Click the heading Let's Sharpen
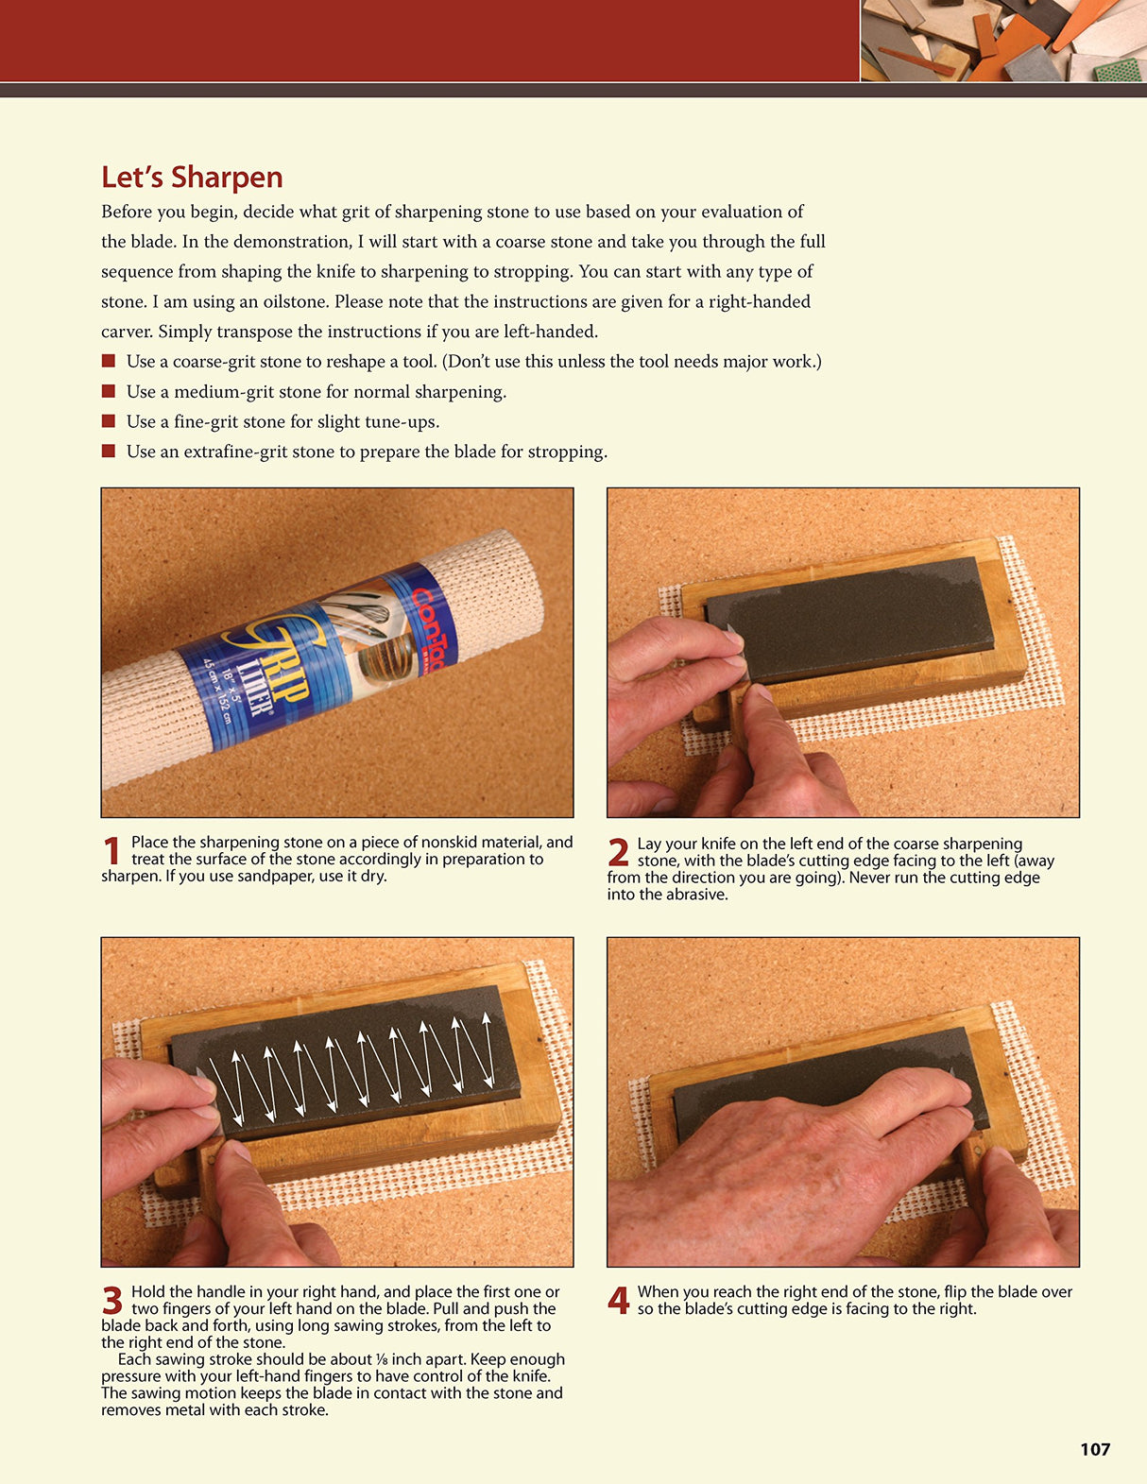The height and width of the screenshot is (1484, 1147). pos(192,178)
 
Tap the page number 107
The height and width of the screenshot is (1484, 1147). pos(1095,1449)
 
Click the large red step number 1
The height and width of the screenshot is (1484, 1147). pos(111,851)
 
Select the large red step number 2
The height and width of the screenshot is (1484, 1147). pos(618,853)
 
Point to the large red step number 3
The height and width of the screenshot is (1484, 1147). pos(111,1301)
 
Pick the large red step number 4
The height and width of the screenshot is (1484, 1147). pos(618,1301)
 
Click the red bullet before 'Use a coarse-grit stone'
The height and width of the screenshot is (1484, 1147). pos(109,361)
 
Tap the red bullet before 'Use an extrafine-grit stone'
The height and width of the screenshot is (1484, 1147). pos(109,452)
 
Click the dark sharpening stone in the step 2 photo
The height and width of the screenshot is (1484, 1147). pos(850,619)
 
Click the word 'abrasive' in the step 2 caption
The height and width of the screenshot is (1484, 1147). pos(694,895)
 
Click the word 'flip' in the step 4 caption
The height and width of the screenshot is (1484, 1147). pos(955,1291)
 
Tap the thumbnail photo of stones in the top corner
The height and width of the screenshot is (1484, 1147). pos(1002,40)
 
